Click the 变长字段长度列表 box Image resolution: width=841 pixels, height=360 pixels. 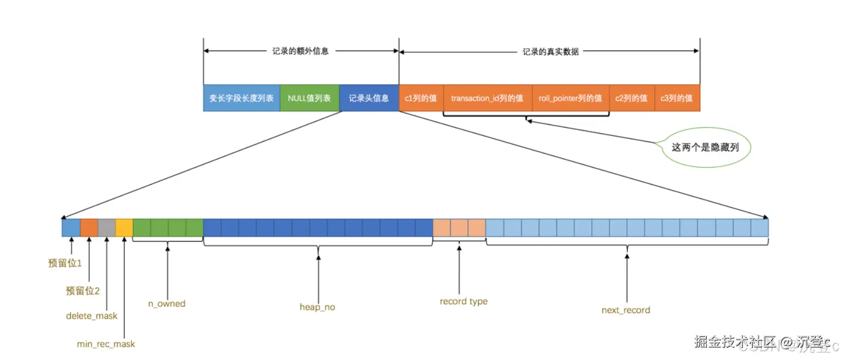241,98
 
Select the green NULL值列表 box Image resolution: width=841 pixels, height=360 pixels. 309,98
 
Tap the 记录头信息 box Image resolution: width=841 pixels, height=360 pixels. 369,98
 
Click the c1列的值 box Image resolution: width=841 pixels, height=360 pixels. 421,98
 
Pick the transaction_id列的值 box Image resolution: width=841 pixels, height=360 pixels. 487,98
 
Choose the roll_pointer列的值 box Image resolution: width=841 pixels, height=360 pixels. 570,98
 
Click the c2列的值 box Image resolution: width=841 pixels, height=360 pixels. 631,98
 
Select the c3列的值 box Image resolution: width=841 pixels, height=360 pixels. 677,98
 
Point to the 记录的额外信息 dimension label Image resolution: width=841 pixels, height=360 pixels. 300,52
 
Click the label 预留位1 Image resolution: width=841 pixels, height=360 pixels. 65,264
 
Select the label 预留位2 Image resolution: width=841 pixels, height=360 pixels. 83,291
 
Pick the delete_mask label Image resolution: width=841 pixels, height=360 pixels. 91,316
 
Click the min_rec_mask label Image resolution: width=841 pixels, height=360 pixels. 106,344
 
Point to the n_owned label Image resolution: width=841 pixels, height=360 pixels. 167,304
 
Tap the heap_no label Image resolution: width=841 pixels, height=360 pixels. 317,307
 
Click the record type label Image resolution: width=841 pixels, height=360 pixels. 464,301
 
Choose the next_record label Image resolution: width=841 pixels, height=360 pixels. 626,310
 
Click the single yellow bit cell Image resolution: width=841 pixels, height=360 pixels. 124,227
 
